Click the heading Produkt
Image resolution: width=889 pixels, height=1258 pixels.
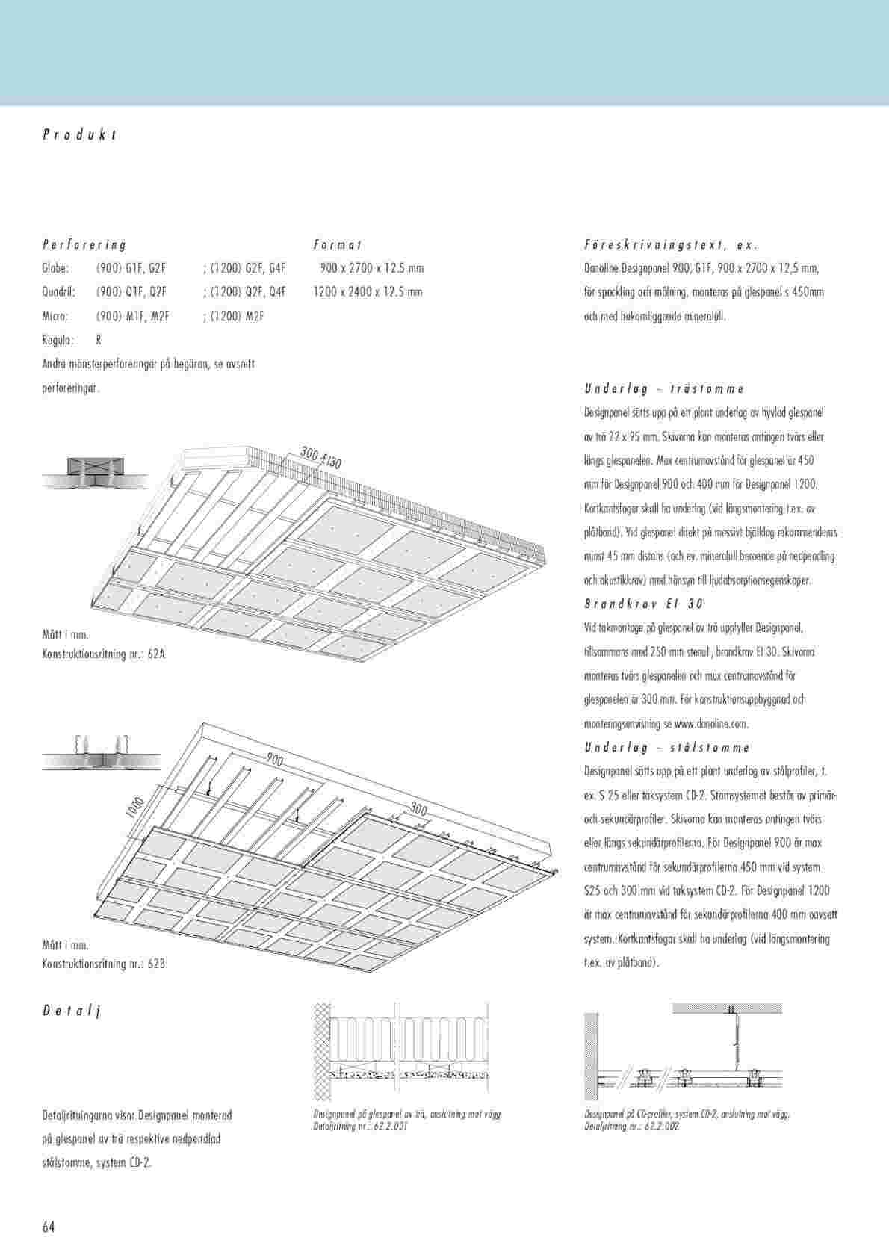[79, 135]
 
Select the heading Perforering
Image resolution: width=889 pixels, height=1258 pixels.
[84, 244]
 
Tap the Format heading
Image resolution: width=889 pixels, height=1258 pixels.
[338, 244]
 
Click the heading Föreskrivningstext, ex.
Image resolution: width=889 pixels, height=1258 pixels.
[670, 244]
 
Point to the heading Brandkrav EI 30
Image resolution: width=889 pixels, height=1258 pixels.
[643, 604]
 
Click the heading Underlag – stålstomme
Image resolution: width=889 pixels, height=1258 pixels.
[666, 747]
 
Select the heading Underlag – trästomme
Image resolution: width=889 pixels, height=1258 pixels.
[663, 388]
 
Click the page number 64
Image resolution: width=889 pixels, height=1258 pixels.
[49, 1227]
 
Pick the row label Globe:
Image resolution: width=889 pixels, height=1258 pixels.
[56, 268]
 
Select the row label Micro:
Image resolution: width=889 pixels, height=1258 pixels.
[56, 316]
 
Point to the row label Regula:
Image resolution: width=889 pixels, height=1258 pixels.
[58, 340]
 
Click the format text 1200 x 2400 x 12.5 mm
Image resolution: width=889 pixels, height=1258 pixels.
[368, 292]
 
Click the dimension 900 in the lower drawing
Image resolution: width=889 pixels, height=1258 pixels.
[274, 760]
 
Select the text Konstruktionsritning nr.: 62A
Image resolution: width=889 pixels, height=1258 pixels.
[104, 654]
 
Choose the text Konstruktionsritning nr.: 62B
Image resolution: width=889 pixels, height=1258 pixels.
[104, 964]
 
